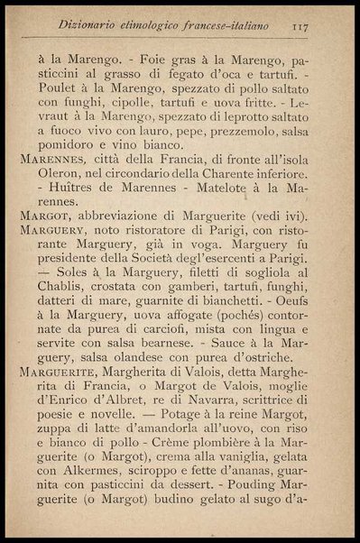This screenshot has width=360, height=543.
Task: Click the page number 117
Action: [x=300, y=27]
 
